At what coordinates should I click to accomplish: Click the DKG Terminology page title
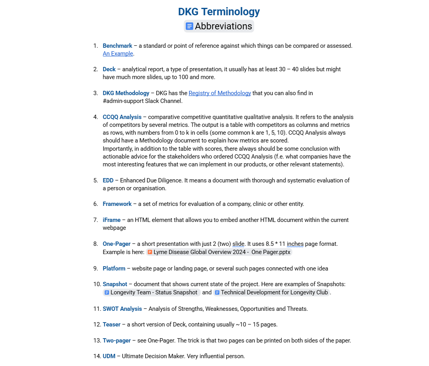[219, 12]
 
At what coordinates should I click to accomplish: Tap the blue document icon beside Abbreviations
[189, 26]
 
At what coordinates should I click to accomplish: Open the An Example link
[118, 54]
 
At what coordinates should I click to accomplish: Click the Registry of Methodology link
[220, 93]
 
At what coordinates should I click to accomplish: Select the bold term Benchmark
[117, 46]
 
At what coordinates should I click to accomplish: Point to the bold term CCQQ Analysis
[122, 117]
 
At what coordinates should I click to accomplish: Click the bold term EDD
[108, 180]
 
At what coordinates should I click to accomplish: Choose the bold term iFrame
[112, 220]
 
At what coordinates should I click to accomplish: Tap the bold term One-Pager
[117, 244]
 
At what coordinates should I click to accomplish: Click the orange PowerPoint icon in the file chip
[150, 252]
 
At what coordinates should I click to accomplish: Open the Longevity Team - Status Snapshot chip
[151, 292]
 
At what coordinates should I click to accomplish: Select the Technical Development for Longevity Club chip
[272, 292]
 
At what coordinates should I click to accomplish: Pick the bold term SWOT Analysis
[122, 309]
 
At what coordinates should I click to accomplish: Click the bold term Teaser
[112, 325]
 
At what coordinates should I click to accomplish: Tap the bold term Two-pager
[117, 341]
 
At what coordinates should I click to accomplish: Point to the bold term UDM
[109, 356]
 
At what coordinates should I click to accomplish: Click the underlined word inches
[295, 244]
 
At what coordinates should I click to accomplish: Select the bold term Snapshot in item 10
[115, 284]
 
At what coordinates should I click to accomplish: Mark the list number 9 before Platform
[96, 269]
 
